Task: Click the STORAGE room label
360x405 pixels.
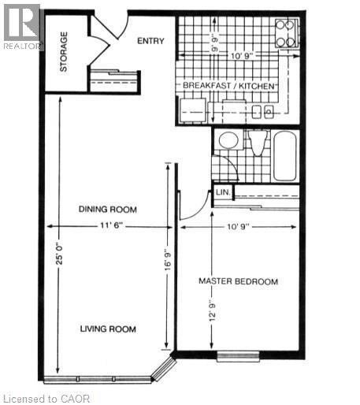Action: click(x=63, y=51)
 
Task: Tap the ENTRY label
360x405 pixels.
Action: click(x=150, y=41)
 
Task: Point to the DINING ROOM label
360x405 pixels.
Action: click(x=107, y=210)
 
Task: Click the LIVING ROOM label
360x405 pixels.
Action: click(x=107, y=329)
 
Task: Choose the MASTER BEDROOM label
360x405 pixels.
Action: click(x=238, y=281)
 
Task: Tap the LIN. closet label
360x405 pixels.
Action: click(x=222, y=191)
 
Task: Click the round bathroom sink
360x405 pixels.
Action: click(x=228, y=140)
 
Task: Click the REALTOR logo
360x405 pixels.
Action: click(x=21, y=25)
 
